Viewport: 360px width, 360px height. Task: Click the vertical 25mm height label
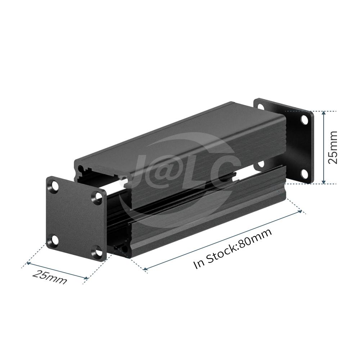pyautogui.click(x=333, y=147)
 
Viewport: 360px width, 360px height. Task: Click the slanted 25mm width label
pyautogui.click(x=50, y=277)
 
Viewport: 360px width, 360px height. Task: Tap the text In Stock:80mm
pyautogui.click(x=233, y=248)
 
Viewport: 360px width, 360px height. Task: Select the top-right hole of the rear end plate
pyautogui.click(x=305, y=120)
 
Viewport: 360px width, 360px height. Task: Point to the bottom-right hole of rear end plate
pyautogui.click(x=305, y=174)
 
